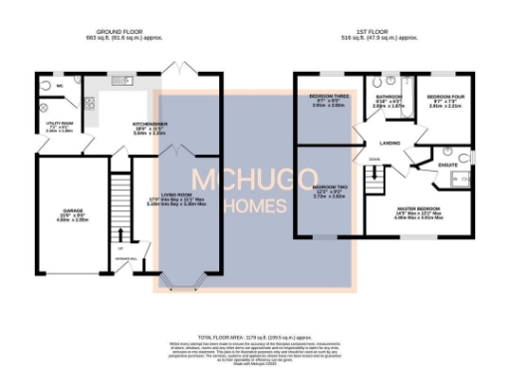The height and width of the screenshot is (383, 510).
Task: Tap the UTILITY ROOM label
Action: click(x=47, y=124)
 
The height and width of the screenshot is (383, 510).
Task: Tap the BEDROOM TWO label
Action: click(x=330, y=188)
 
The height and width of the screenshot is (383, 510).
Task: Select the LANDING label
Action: click(x=390, y=143)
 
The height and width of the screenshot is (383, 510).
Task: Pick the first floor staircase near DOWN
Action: click(x=377, y=180)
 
